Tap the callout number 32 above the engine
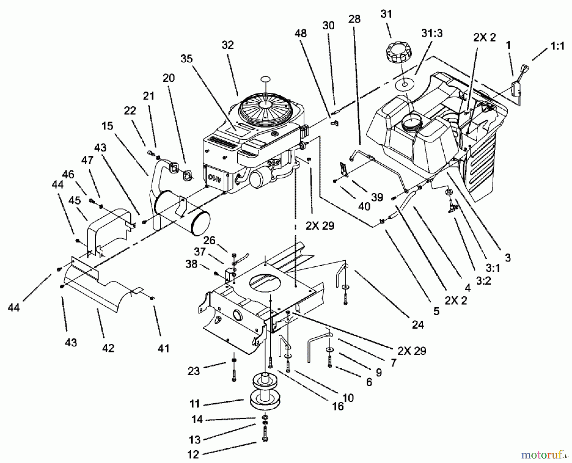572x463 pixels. coord(228,45)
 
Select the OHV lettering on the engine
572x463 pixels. coord(214,177)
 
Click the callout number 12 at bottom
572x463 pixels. coord(193,454)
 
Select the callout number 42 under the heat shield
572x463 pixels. coord(108,348)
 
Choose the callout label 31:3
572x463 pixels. coord(432,33)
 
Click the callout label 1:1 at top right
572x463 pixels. coord(557,46)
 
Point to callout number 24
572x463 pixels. coord(418,324)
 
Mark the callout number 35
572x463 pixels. coord(187,59)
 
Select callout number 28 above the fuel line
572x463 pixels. coord(354,19)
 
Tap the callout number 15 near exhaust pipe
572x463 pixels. coord(107,126)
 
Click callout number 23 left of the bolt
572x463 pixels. coord(194,371)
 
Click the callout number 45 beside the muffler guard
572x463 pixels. coord(75,201)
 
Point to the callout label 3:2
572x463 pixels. coord(483,280)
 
